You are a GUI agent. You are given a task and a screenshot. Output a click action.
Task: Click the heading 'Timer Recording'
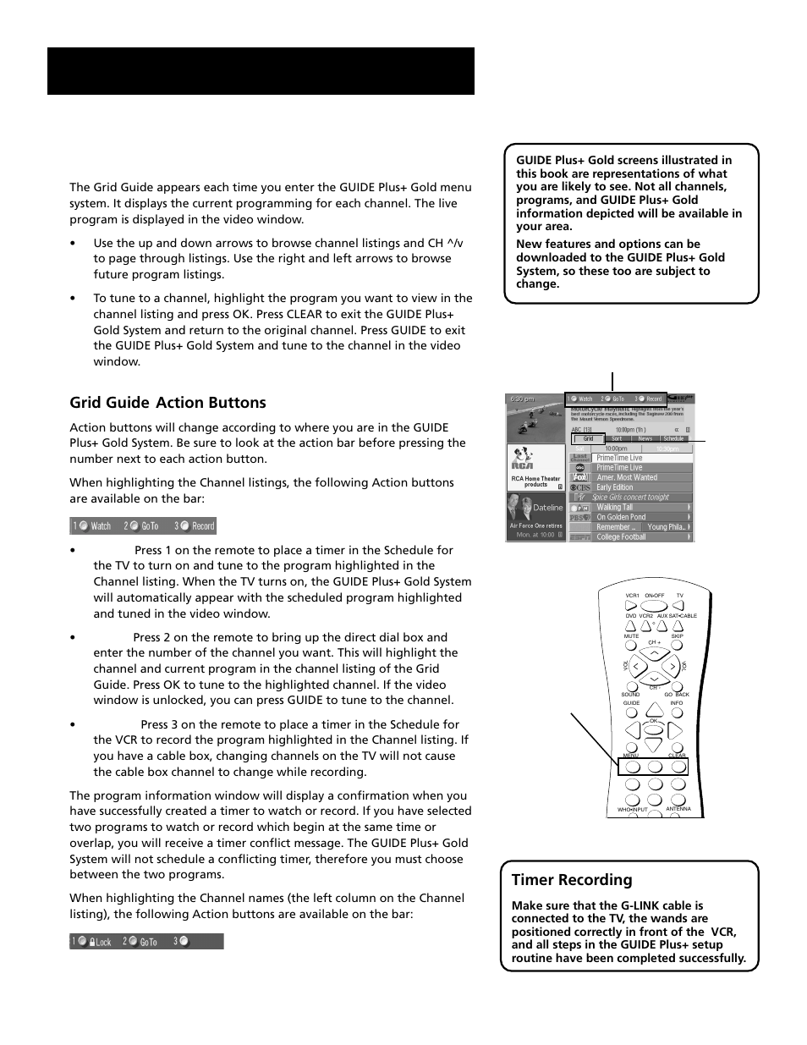click(x=572, y=880)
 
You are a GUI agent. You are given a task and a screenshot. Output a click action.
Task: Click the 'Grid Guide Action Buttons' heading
click(x=167, y=403)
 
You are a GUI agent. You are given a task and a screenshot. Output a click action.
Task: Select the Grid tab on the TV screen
click(x=588, y=438)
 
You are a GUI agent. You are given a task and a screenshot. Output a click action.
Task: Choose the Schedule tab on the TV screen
click(x=673, y=438)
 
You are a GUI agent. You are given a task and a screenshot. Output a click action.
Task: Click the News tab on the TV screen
click(x=645, y=438)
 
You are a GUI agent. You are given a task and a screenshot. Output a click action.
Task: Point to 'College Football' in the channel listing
click(x=621, y=536)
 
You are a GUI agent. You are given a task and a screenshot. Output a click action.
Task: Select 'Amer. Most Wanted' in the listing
click(x=626, y=477)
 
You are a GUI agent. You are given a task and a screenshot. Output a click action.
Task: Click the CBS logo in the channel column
click(x=579, y=487)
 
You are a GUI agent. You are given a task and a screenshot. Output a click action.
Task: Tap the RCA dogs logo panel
click(x=535, y=468)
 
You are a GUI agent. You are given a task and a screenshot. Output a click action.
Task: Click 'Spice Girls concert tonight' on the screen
click(x=630, y=498)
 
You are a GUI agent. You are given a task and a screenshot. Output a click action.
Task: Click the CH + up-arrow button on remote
click(x=654, y=653)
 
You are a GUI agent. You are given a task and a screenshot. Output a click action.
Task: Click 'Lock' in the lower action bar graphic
click(x=102, y=942)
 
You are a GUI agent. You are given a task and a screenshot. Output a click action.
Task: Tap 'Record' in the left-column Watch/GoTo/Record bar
click(x=202, y=526)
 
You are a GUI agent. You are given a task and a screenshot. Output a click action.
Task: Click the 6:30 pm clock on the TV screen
click(x=523, y=399)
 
